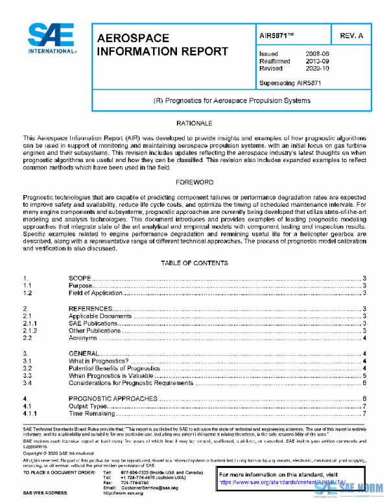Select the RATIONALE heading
click(x=194, y=123)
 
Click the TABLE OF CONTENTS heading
click(x=194, y=263)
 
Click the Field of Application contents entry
click(x=95, y=293)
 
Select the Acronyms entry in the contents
click(x=84, y=338)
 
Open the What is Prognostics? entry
click(x=99, y=360)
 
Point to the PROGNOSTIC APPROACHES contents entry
click(x=113, y=398)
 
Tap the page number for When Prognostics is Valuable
click(x=365, y=375)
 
